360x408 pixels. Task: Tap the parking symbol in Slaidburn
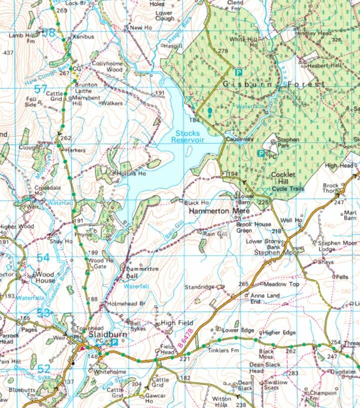114,342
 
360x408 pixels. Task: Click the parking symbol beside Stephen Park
261,153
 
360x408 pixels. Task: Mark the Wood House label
45,277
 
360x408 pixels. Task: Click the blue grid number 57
42,89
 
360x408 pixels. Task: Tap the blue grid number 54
43,258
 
